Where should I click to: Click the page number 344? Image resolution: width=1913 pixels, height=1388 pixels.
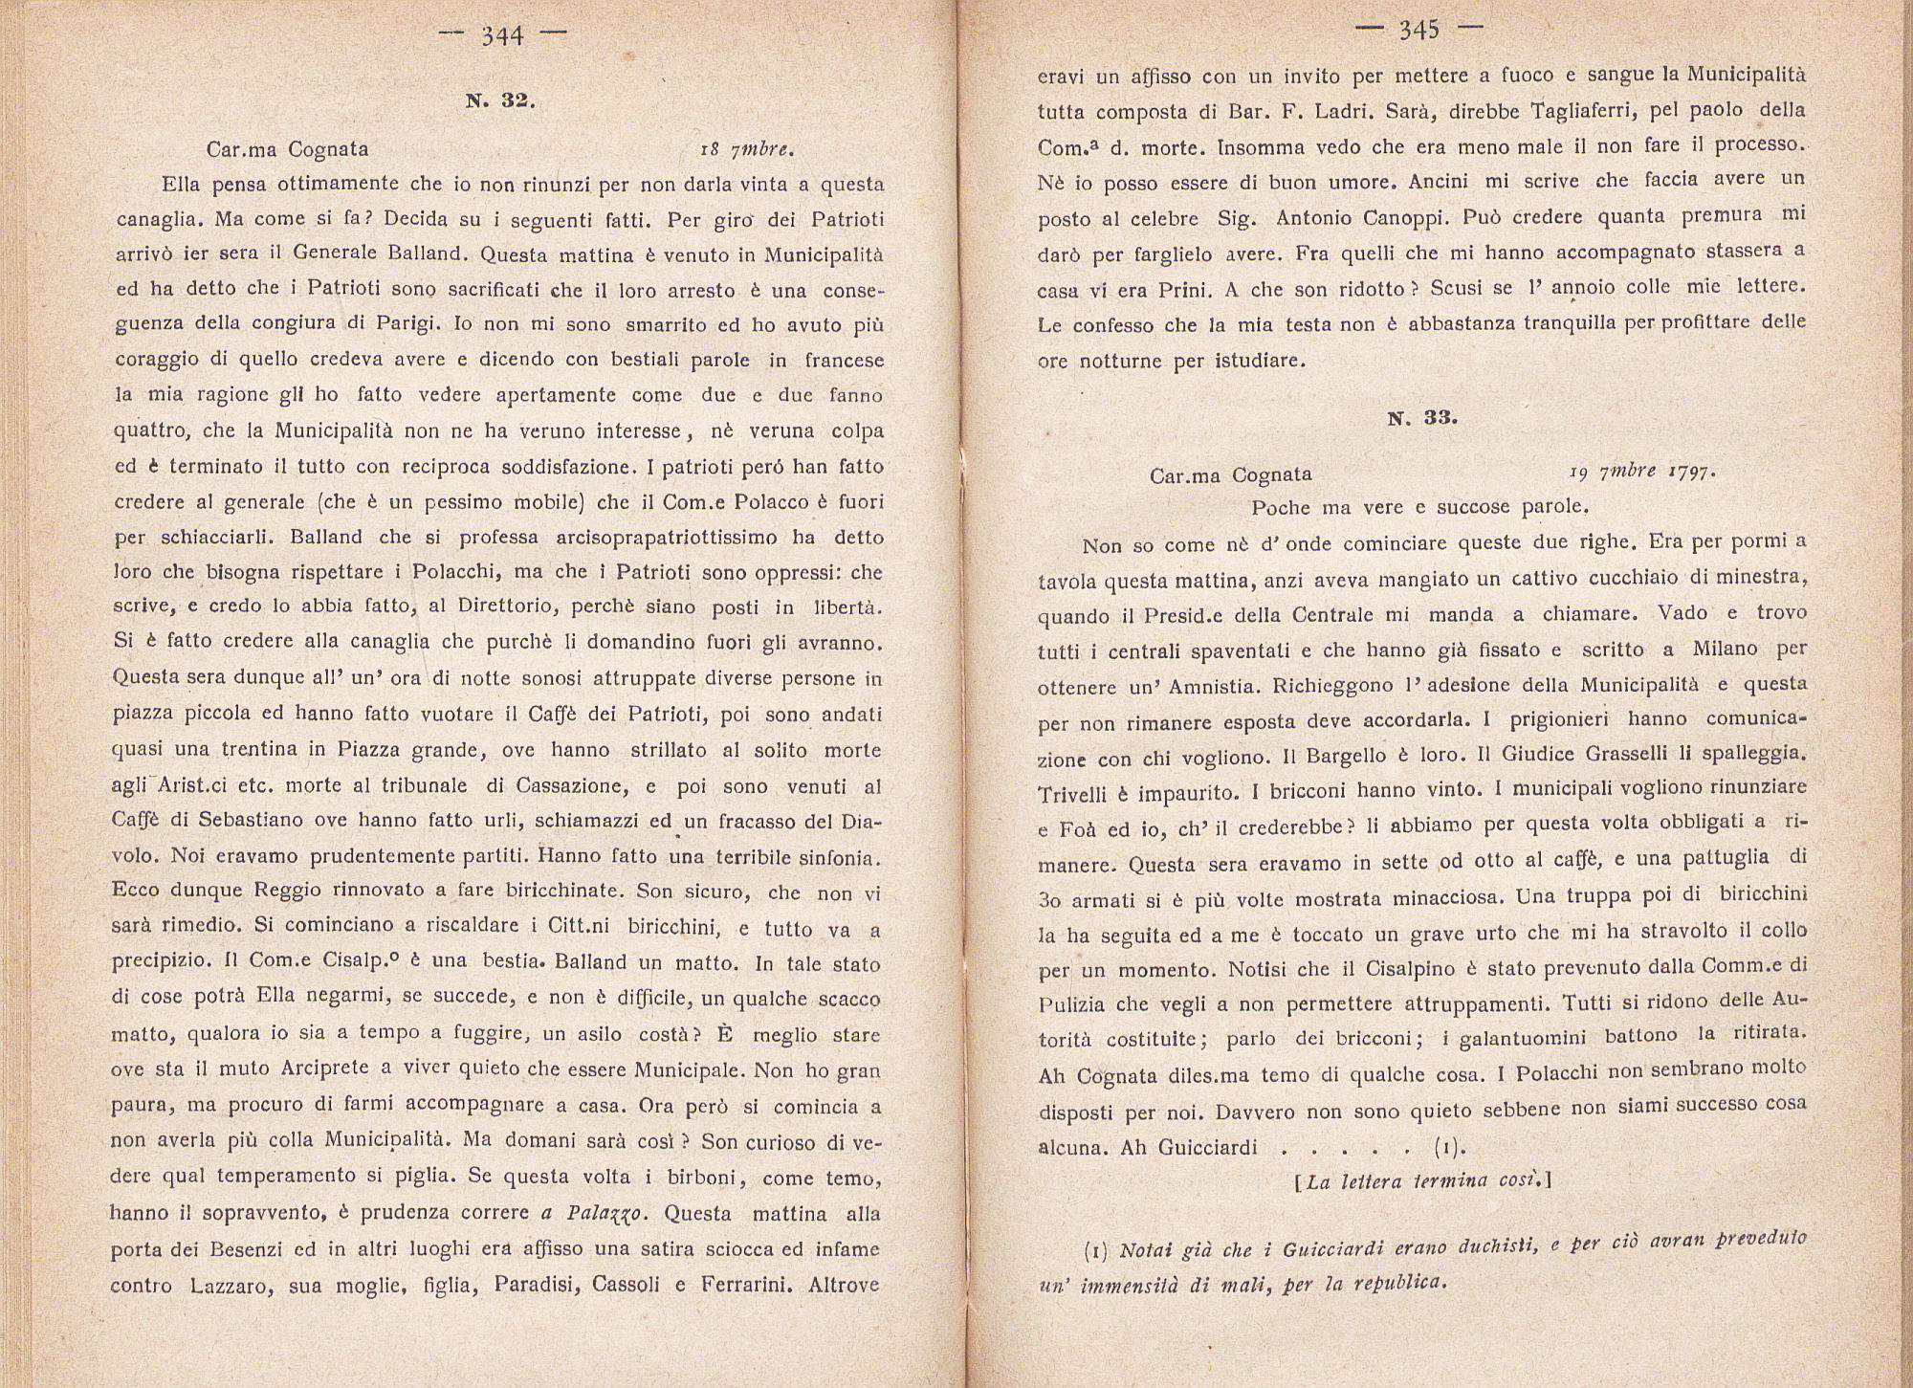click(x=502, y=36)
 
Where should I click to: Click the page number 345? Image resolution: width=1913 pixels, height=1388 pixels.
click(x=1418, y=31)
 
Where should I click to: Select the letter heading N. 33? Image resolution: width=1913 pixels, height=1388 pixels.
click(x=1422, y=418)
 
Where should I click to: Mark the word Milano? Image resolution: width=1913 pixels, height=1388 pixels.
click(x=1726, y=649)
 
